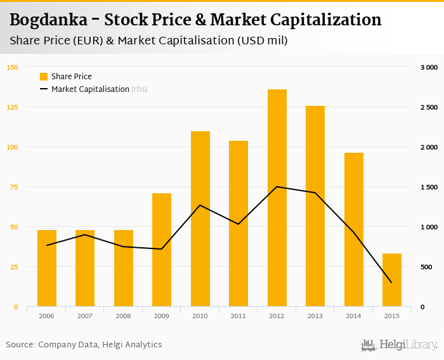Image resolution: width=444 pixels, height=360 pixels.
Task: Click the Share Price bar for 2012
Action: click(277, 198)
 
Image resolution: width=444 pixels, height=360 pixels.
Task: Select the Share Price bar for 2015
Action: click(391, 280)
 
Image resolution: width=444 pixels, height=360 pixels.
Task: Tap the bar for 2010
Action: click(200, 219)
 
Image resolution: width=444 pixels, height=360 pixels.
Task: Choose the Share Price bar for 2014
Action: click(353, 229)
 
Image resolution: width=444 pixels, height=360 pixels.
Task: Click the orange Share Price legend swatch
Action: click(44, 77)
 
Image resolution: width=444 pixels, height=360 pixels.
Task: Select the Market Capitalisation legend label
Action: click(90, 89)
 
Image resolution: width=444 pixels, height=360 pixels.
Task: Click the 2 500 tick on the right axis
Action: click(429, 107)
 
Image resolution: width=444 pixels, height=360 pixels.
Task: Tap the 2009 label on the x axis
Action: click(162, 316)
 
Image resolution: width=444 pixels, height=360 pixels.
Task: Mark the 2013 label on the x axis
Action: click(315, 316)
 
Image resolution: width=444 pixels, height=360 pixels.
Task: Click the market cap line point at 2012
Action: click(277, 187)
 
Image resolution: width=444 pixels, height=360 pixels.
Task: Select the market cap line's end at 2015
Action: click(391, 283)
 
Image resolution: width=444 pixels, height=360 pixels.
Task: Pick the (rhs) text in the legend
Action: click(140, 89)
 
